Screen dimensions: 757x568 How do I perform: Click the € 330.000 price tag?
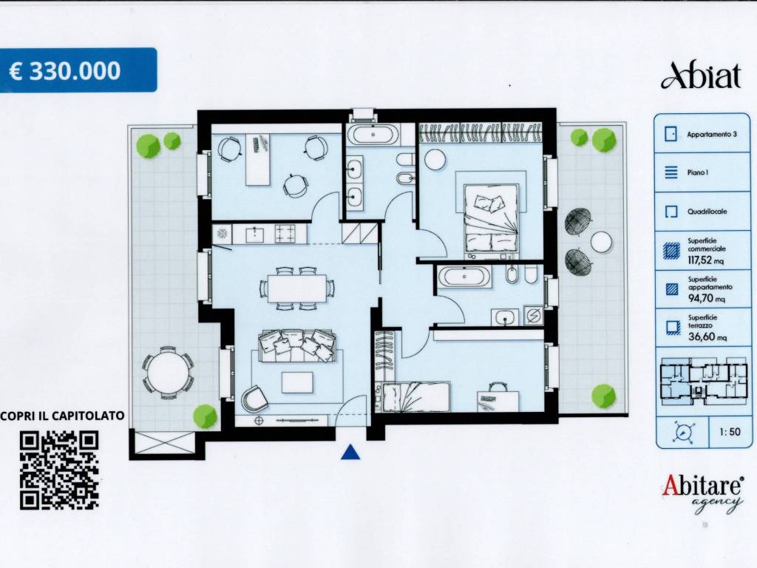(x=78, y=70)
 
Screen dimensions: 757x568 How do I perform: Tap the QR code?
(x=59, y=470)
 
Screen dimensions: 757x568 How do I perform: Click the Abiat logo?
(x=701, y=76)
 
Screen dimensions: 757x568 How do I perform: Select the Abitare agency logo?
(x=702, y=492)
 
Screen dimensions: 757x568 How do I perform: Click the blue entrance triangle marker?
(x=350, y=452)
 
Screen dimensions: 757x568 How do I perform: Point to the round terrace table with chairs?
(x=168, y=373)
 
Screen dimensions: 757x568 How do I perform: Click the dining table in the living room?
(x=297, y=288)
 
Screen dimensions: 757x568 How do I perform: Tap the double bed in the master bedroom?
(x=491, y=219)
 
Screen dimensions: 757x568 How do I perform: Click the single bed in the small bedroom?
(x=416, y=396)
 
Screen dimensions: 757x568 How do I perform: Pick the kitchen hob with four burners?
(x=285, y=234)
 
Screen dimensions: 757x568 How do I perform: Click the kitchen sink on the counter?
(x=254, y=234)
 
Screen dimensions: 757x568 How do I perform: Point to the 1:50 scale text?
(x=729, y=432)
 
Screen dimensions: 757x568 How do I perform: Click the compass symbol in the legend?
(x=683, y=432)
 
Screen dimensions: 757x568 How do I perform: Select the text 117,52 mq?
(x=705, y=260)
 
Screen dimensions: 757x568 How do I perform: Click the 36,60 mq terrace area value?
(x=707, y=337)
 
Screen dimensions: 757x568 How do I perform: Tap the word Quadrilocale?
(x=707, y=212)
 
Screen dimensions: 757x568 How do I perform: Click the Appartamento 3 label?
(x=712, y=135)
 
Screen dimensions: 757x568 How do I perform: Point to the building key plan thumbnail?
(x=704, y=382)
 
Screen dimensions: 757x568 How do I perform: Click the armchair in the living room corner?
(x=254, y=399)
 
